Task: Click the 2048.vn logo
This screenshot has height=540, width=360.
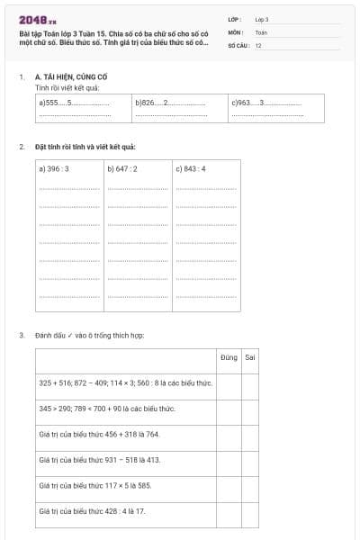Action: pyautogui.click(x=38, y=19)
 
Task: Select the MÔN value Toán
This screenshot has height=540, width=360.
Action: pyautogui.click(x=260, y=31)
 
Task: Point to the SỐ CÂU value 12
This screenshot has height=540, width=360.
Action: pyautogui.click(x=258, y=44)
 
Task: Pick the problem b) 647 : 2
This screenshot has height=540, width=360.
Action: pyautogui.click(x=122, y=168)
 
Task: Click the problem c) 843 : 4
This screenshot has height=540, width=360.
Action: pyautogui.click(x=191, y=168)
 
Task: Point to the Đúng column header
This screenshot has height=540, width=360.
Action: pyautogui.click(x=229, y=357)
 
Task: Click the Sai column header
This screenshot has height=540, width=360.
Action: pyautogui.click(x=250, y=357)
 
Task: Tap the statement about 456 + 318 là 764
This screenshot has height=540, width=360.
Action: pyautogui.click(x=99, y=434)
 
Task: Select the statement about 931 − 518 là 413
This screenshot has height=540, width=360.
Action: pyautogui.click(x=99, y=460)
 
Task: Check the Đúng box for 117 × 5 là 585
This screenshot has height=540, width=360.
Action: pyautogui.click(x=229, y=486)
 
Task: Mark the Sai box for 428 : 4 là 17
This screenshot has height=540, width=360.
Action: pyautogui.click(x=250, y=511)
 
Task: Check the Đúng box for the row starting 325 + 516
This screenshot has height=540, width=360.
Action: pyautogui.click(x=229, y=383)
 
